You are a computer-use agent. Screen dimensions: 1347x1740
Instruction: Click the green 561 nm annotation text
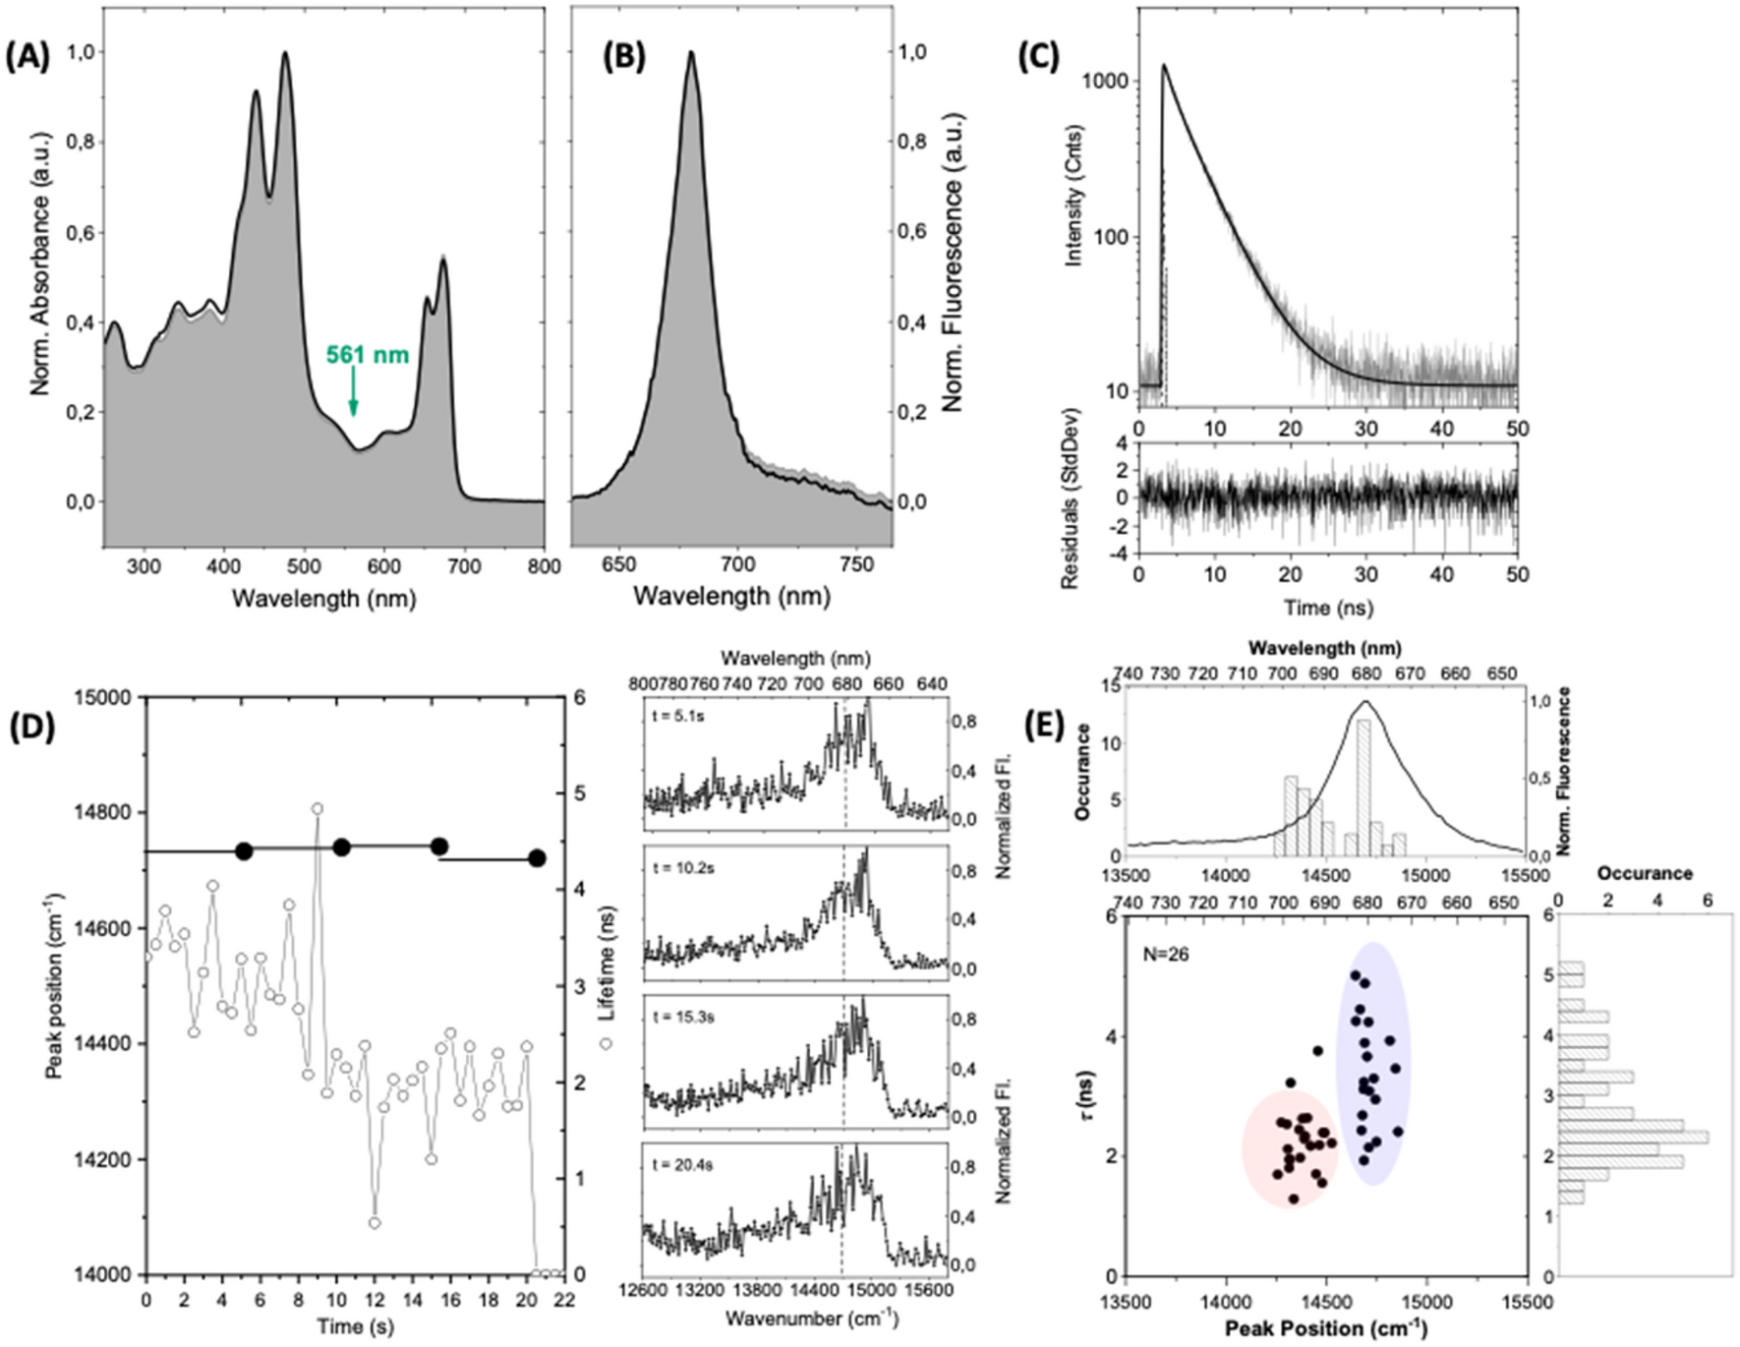point(368,355)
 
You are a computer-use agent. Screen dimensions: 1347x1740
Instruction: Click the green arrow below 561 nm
point(353,397)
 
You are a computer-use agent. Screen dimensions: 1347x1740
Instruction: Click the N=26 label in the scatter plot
point(1166,954)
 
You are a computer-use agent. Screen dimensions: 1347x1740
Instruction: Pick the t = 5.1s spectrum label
point(678,716)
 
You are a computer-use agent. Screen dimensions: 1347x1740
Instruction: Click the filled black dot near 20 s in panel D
point(537,858)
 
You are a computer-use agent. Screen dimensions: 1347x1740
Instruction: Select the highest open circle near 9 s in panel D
point(318,809)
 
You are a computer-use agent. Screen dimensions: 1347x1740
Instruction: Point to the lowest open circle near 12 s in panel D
point(375,1223)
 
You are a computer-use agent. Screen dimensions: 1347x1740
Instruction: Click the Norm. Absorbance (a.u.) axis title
point(40,295)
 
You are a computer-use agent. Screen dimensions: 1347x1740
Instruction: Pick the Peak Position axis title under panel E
point(1325,1328)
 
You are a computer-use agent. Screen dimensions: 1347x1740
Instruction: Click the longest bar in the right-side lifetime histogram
point(1633,1138)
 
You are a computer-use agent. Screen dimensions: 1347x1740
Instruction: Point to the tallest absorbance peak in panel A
point(286,55)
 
